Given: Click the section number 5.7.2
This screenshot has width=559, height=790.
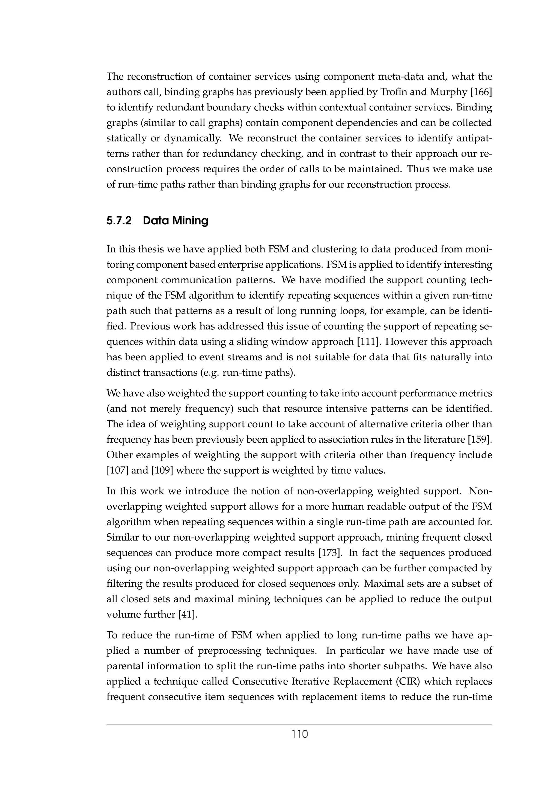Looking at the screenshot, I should pos(119,221).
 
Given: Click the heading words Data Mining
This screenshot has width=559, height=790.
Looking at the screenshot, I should pos(176,221).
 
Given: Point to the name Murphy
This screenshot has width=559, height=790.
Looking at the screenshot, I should pos(442,92).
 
